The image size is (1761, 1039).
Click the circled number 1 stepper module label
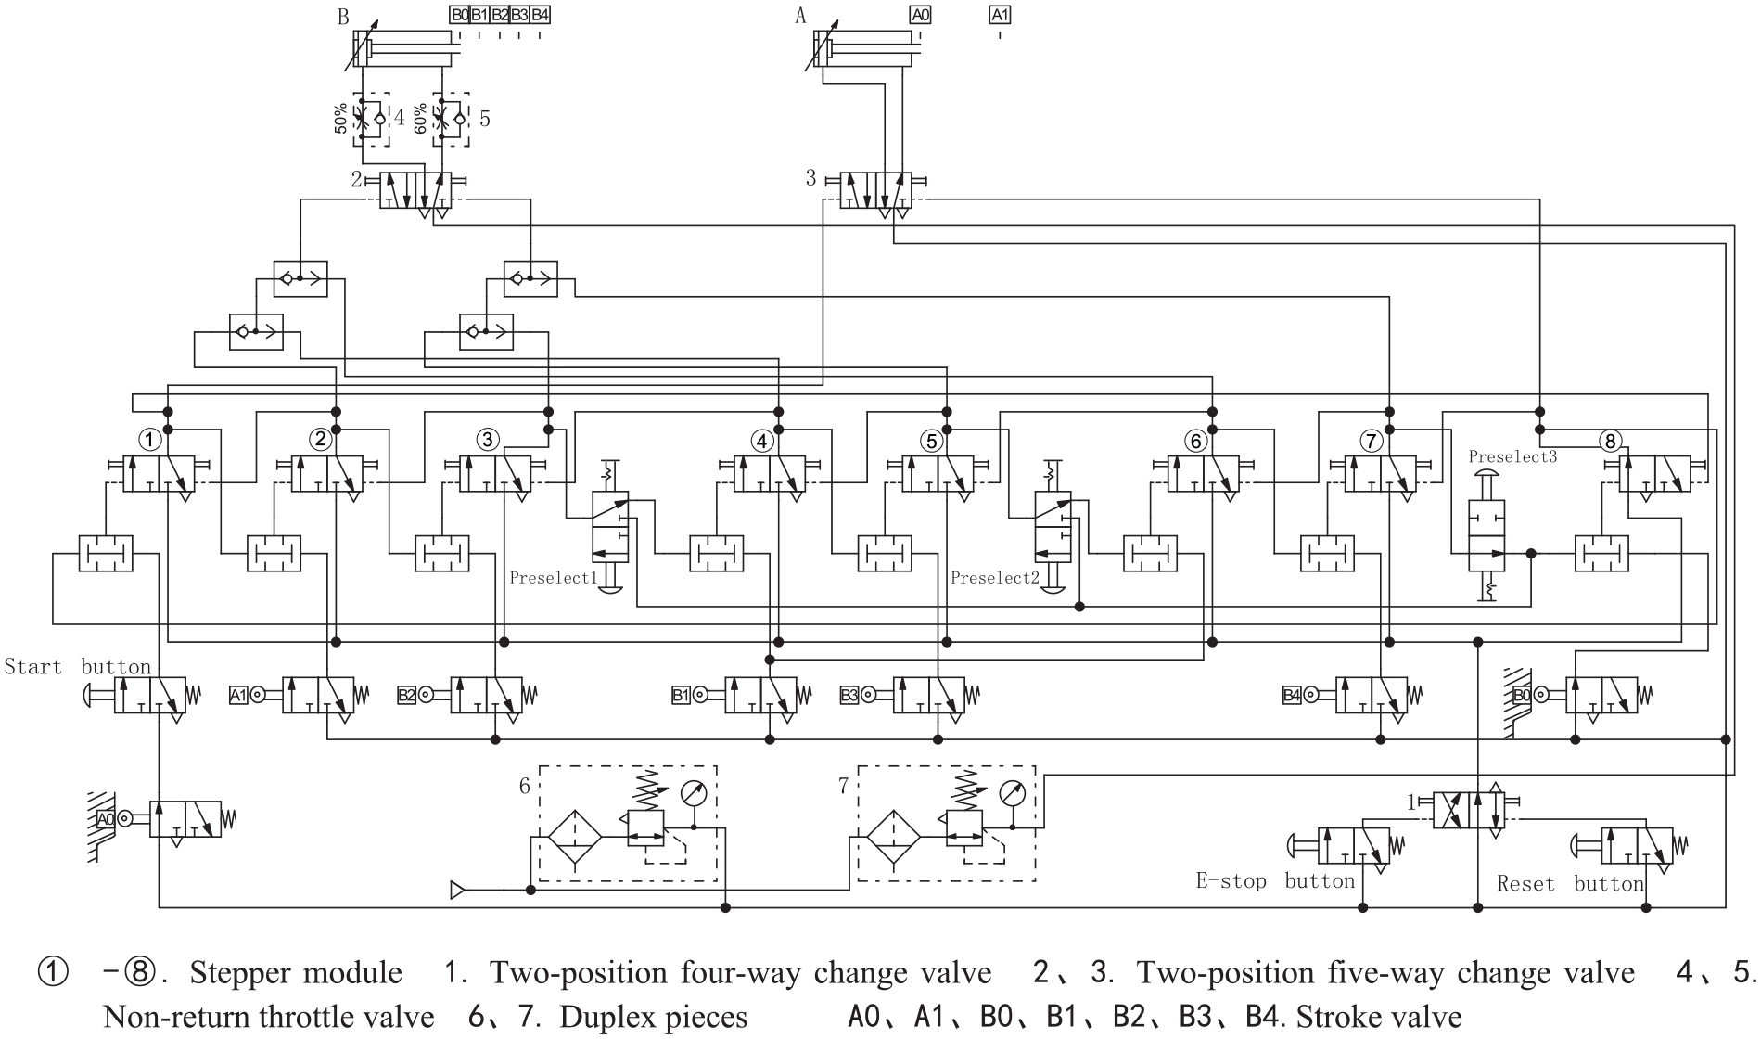click(x=149, y=438)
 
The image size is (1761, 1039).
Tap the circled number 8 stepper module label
click(x=1611, y=441)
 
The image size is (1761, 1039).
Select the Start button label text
click(x=78, y=667)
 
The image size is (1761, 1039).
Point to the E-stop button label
click(x=1275, y=880)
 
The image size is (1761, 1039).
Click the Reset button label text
click(x=1570, y=884)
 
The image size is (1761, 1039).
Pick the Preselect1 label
click(x=552, y=578)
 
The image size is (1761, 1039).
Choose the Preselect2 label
click(x=994, y=578)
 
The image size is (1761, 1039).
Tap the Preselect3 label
click(x=1512, y=456)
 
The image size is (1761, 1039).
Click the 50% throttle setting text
click(x=341, y=118)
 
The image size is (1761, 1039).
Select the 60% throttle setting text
click(x=420, y=118)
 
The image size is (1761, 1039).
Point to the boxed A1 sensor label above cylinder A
click(x=1000, y=15)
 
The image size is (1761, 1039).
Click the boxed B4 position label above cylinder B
click(x=541, y=15)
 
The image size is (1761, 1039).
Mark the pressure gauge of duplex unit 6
click(x=694, y=793)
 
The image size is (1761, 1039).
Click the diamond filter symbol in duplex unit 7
click(x=893, y=836)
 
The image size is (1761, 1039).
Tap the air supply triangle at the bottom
click(x=457, y=891)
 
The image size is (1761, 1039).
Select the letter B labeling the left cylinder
click(x=344, y=17)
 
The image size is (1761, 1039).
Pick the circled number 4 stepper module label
click(x=761, y=441)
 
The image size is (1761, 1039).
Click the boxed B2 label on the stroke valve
click(x=406, y=695)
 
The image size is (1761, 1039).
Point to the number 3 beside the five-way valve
click(x=810, y=178)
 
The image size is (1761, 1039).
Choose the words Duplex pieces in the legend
click(x=654, y=1017)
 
